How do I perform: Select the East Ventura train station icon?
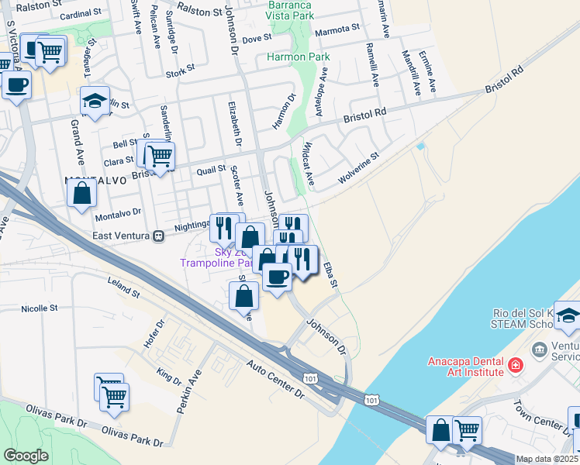point(158,235)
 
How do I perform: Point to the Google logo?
point(26,456)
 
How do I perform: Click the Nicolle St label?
point(40,308)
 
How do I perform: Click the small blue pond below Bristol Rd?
point(421,146)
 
